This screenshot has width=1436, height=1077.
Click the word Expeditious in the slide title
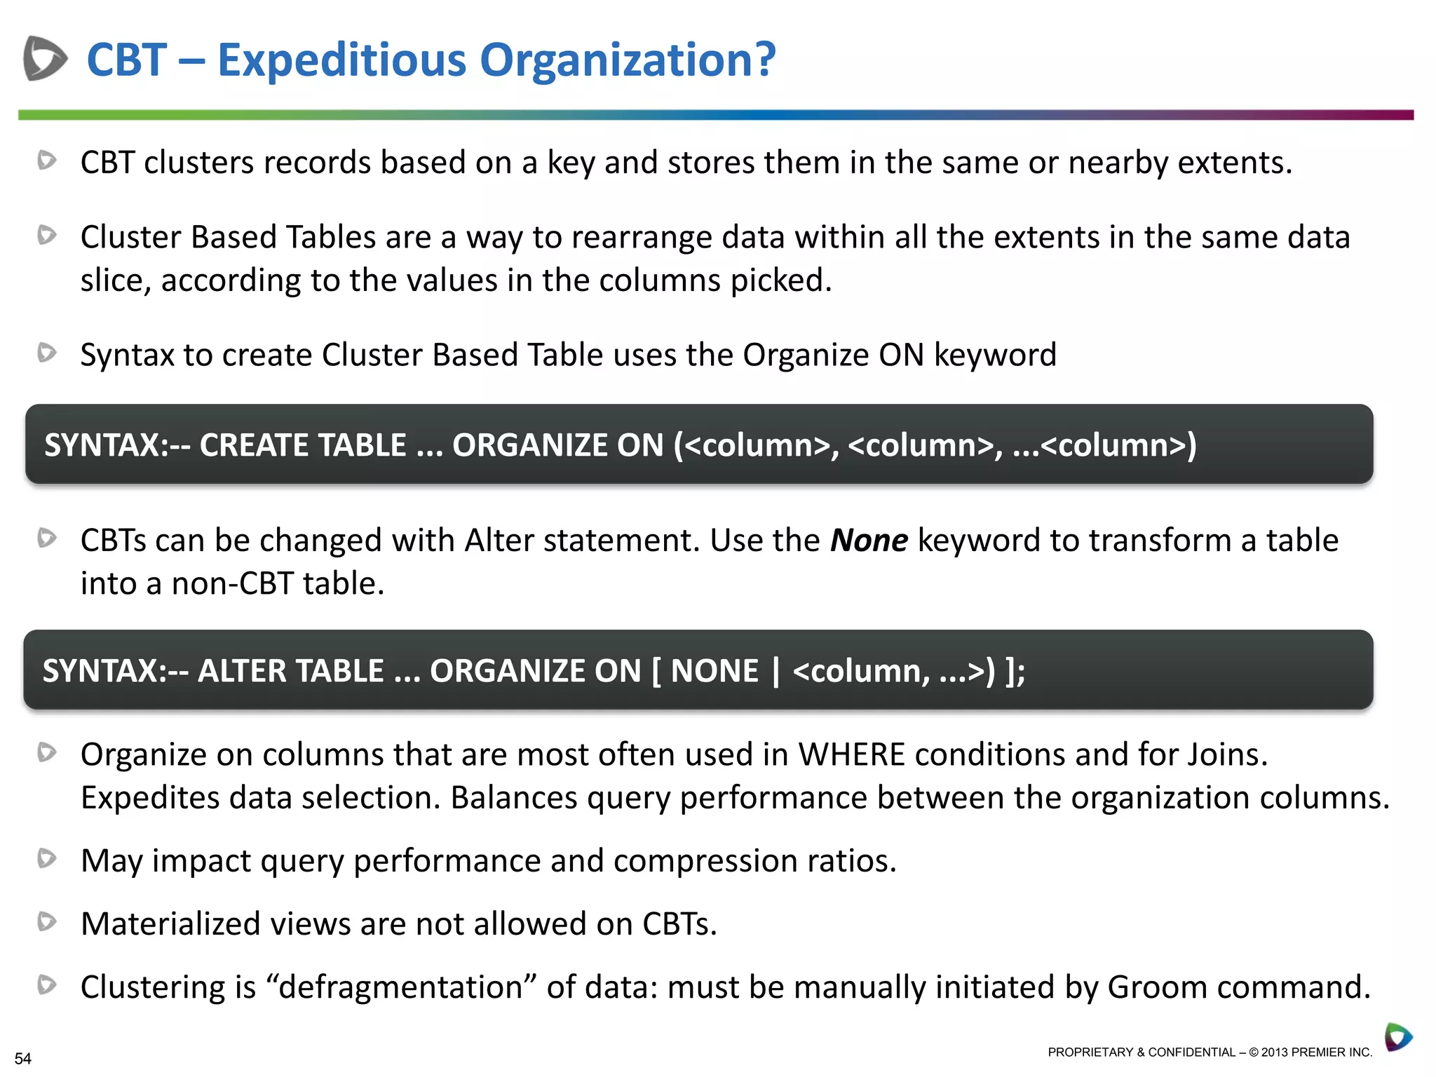pyautogui.click(x=341, y=60)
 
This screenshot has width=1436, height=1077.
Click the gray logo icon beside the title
pyautogui.click(x=45, y=58)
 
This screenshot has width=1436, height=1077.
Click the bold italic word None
pyautogui.click(x=869, y=541)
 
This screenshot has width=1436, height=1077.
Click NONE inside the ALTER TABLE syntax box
pyautogui.click(x=714, y=671)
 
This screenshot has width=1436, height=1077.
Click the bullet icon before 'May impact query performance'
pyautogui.click(x=47, y=858)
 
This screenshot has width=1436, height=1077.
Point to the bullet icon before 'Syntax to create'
pyautogui.click(x=47, y=352)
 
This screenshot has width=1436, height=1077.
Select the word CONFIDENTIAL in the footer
pyautogui.click(x=1191, y=1052)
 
